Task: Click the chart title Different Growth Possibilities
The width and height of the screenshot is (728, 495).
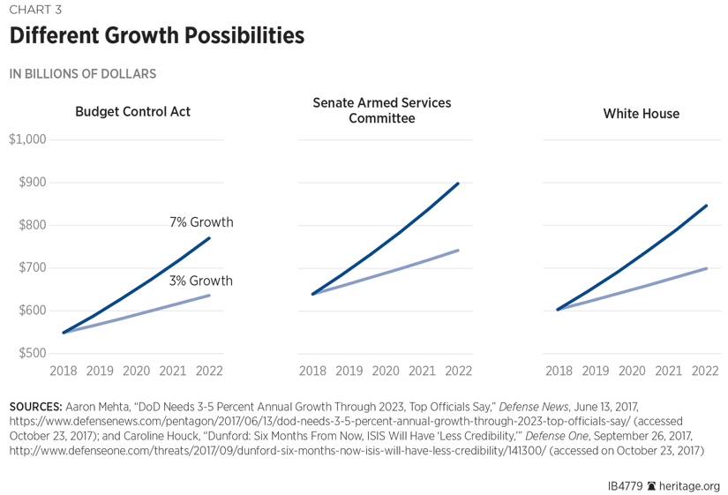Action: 157,36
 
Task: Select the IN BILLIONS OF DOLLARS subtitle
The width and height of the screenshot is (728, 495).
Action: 83,74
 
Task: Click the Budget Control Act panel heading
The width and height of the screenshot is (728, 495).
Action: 132,112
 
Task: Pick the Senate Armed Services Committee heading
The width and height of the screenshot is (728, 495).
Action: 381,110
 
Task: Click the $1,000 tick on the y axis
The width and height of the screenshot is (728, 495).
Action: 27,139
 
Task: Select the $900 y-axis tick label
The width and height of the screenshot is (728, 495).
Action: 33,183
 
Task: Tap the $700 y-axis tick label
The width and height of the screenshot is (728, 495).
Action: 33,267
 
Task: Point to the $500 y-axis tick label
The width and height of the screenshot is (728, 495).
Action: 33,353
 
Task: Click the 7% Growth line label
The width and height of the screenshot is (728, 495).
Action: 201,222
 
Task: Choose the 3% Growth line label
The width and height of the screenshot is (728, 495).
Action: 201,281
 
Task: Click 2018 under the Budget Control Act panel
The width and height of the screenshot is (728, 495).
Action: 64,371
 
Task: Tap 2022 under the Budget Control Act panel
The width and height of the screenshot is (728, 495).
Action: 209,371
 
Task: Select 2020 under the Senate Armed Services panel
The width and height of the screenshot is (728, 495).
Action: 386,371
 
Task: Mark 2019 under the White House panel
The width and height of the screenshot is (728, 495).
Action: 595,371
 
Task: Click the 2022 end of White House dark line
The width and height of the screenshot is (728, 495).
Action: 707,206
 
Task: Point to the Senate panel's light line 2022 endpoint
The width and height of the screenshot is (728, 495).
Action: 458,251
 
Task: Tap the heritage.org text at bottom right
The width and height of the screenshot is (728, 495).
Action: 690,485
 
